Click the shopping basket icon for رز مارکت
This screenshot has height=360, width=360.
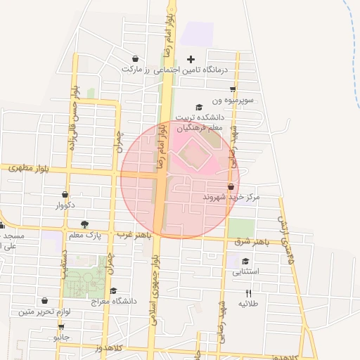(134, 59)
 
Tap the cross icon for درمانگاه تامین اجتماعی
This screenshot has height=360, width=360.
(191, 59)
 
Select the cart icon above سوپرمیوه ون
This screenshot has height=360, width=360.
(233, 89)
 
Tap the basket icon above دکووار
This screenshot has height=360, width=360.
(65, 195)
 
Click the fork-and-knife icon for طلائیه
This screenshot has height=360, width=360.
(247, 292)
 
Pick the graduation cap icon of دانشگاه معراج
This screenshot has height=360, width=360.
(112, 290)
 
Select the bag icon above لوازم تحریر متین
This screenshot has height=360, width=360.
(45, 301)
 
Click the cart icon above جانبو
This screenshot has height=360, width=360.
(62, 327)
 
